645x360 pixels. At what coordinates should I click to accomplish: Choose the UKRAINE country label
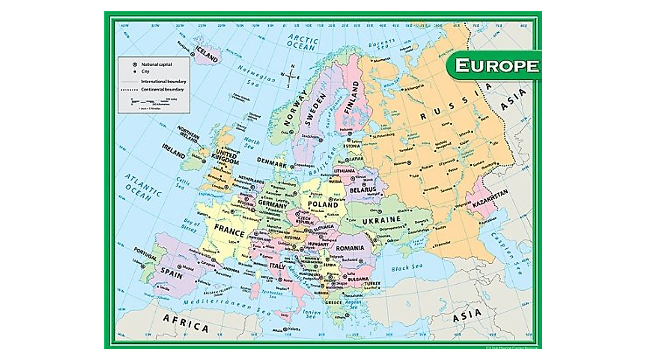click(382, 220)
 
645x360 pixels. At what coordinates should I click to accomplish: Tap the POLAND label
click(323, 204)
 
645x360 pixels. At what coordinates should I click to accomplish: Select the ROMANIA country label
click(350, 248)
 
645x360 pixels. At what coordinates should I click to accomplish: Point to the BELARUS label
click(361, 190)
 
